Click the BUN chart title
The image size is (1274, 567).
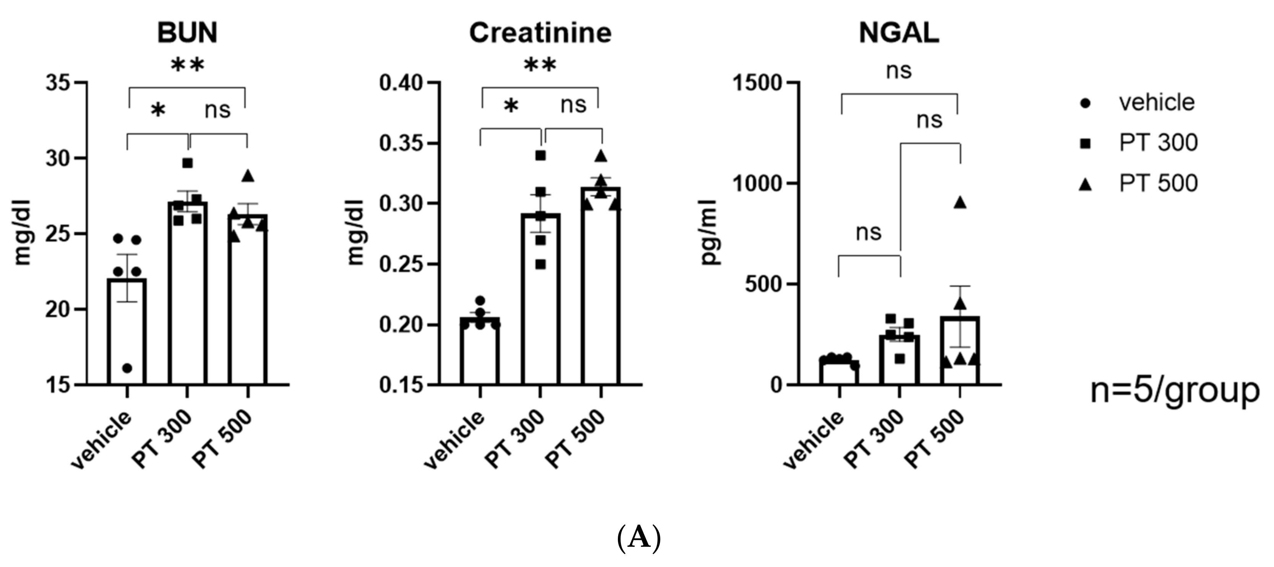(x=187, y=33)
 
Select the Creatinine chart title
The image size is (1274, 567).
(x=540, y=33)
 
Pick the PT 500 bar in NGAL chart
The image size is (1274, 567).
(x=960, y=351)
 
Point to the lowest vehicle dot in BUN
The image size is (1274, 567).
(x=127, y=368)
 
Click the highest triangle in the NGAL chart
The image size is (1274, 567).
(x=960, y=202)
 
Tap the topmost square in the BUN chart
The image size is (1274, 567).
(x=187, y=163)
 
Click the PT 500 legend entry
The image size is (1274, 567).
(x=1157, y=183)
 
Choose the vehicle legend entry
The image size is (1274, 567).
(x=1156, y=103)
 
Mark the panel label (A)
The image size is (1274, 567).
(x=639, y=539)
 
